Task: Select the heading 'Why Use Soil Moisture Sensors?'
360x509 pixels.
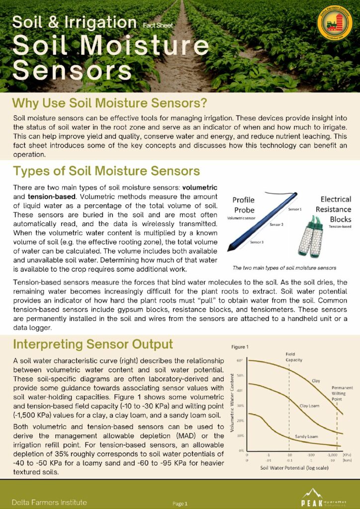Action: [x=109, y=104]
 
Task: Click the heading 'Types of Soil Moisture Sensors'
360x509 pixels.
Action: [x=106, y=171]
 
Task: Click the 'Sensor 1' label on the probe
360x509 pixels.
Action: [x=295, y=210]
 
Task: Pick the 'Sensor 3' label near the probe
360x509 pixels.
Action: [x=257, y=242]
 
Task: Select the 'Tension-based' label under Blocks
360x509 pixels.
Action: [x=337, y=228]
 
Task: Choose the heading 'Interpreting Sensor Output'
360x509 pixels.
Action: [x=93, y=344]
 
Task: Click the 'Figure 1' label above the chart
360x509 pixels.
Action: [x=241, y=347]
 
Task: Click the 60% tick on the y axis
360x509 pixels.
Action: [x=239, y=360]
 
